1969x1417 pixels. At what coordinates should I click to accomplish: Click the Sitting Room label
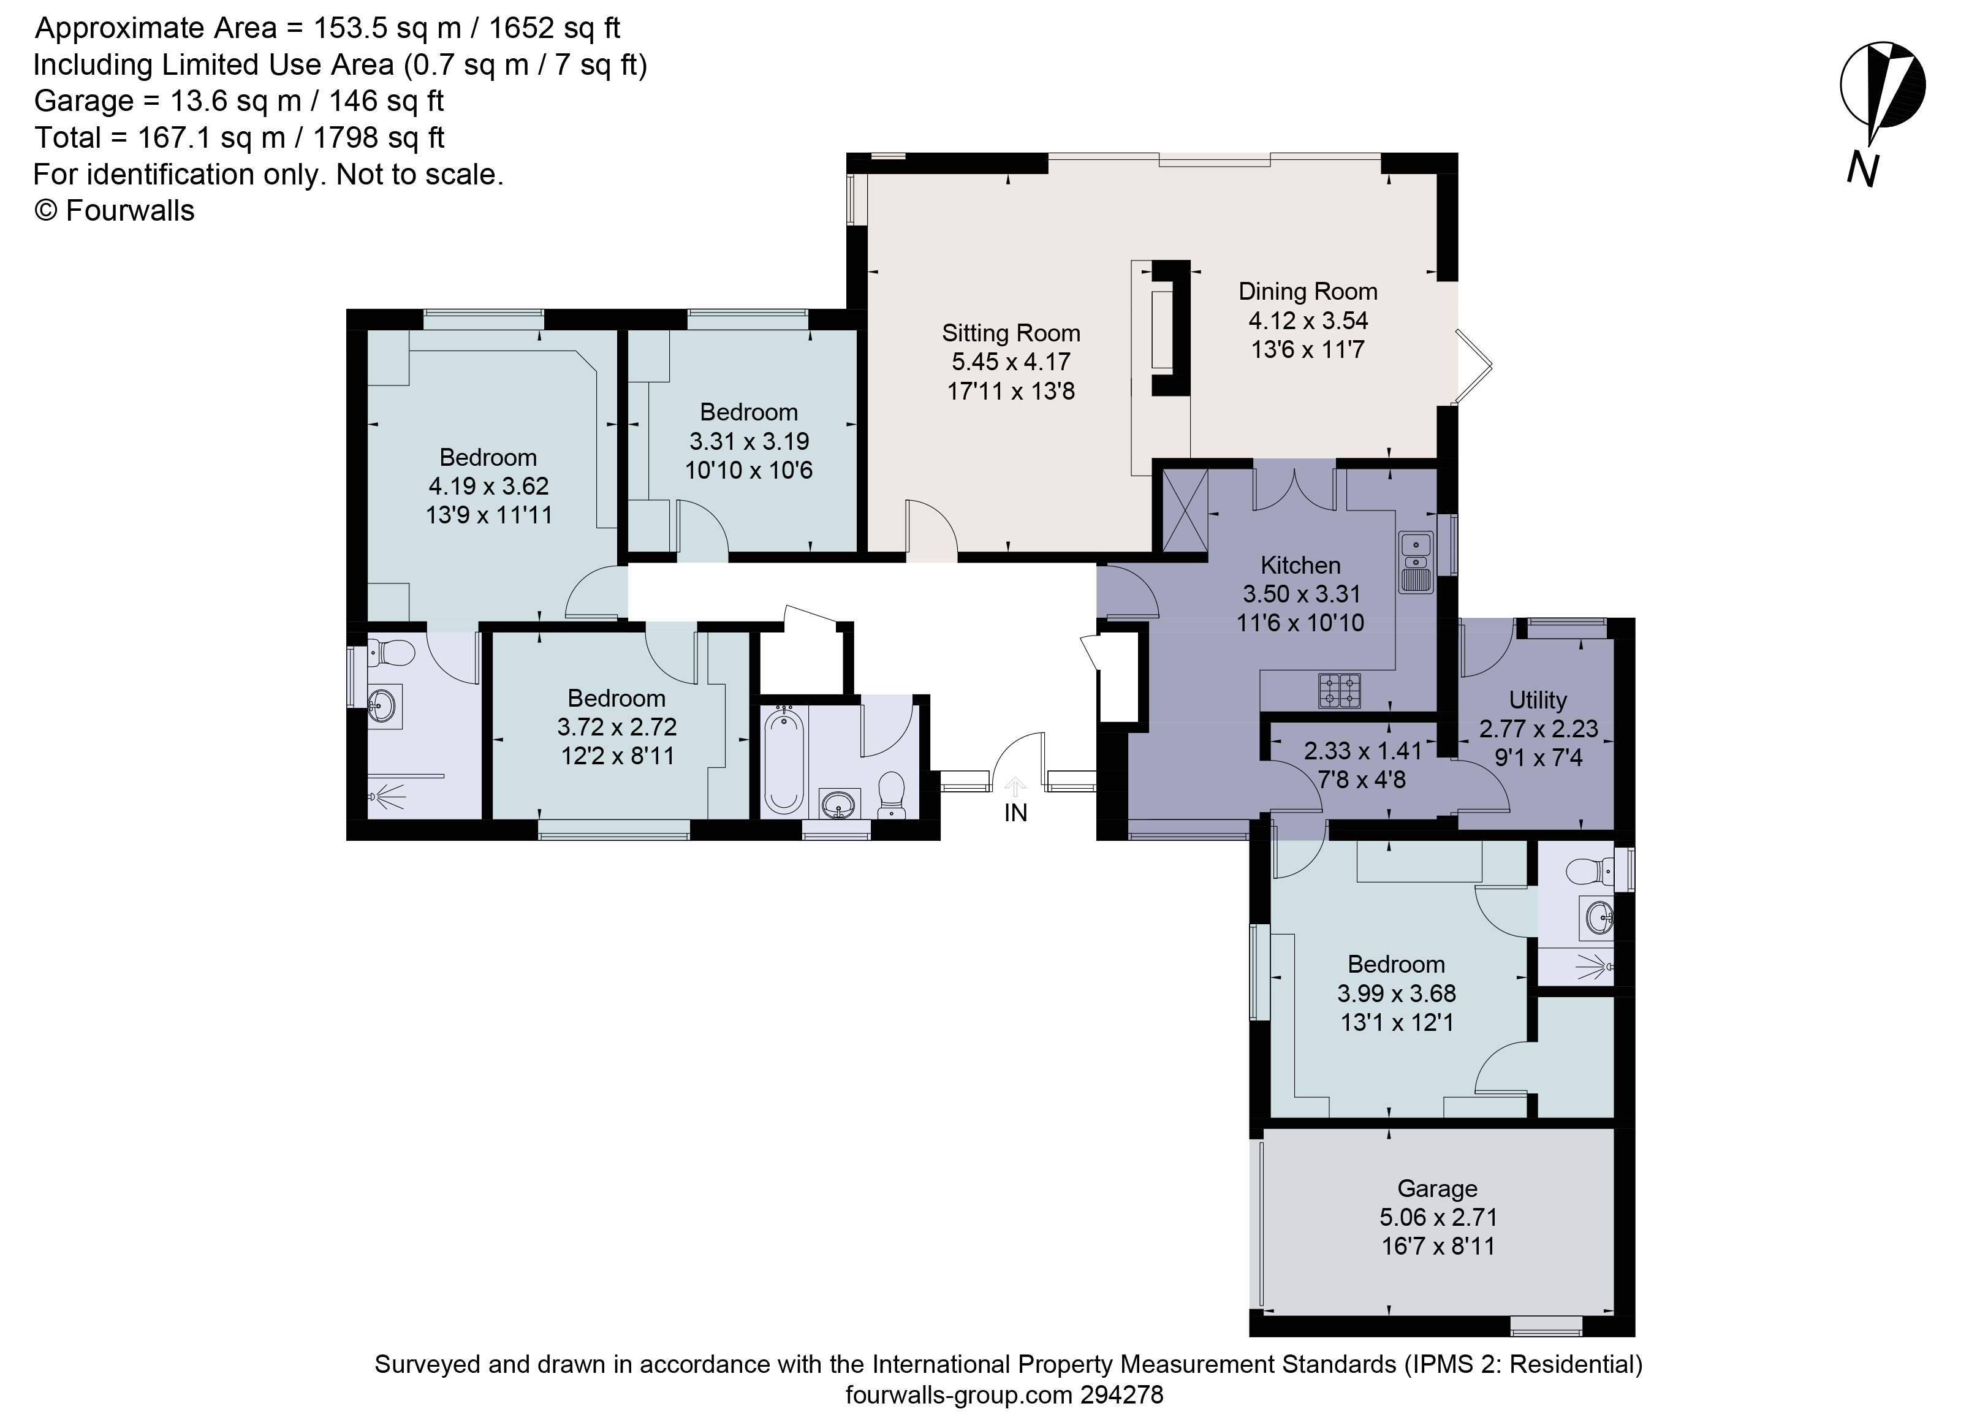click(x=1011, y=333)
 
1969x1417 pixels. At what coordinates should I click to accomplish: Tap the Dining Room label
click(x=1308, y=292)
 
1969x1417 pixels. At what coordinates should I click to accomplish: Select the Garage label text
click(x=1437, y=1188)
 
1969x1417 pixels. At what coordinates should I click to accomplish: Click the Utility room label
click(x=1538, y=700)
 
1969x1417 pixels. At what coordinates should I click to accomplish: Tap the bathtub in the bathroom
click(x=784, y=760)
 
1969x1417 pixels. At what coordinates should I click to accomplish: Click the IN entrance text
click(x=1016, y=813)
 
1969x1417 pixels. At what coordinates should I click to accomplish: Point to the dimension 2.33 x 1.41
click(x=1363, y=751)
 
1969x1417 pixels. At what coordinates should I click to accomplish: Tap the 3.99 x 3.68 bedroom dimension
click(x=1396, y=993)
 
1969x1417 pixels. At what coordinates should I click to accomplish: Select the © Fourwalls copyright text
click(x=114, y=211)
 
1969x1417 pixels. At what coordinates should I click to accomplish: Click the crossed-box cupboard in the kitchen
click(x=1185, y=510)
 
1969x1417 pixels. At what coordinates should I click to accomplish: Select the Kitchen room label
click(x=1300, y=565)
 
